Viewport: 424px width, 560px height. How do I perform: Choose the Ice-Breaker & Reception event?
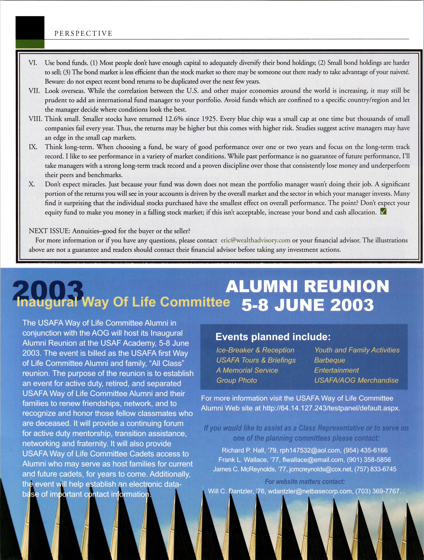(x=255, y=350)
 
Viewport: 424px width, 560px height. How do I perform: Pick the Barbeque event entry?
(x=329, y=360)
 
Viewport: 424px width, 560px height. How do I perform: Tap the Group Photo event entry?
(x=237, y=380)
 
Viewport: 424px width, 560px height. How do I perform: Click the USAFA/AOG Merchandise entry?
(x=356, y=380)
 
